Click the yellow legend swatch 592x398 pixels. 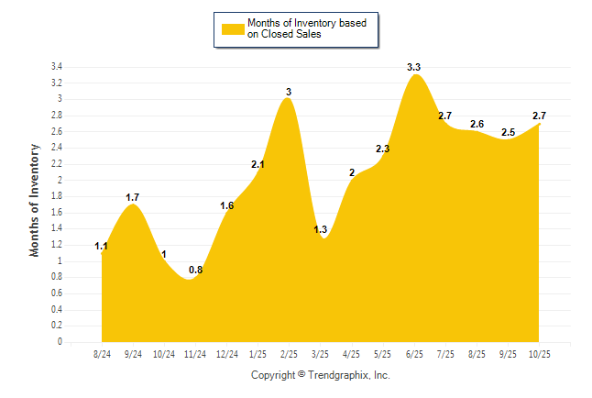pos(232,29)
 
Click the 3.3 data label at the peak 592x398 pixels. pos(414,68)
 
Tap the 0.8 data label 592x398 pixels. pos(195,270)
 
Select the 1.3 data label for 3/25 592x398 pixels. pos(321,229)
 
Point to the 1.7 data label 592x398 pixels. pos(133,197)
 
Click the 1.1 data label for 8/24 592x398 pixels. pos(102,246)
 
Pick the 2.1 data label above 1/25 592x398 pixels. pos(258,165)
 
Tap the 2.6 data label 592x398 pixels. pos(477,125)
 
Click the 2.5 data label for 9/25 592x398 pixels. pos(509,133)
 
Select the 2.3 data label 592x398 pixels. pos(383,149)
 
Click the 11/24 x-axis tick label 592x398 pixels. pos(195,355)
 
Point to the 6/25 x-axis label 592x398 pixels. pos(414,355)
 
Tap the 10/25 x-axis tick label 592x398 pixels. pos(539,355)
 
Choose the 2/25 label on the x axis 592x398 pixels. pos(289,355)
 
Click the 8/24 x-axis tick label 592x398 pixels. pos(102,355)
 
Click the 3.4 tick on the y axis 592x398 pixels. pos(56,67)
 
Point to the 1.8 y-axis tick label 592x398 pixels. pos(56,196)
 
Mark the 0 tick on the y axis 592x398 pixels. pos(60,342)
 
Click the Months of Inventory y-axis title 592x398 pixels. pos(35,199)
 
